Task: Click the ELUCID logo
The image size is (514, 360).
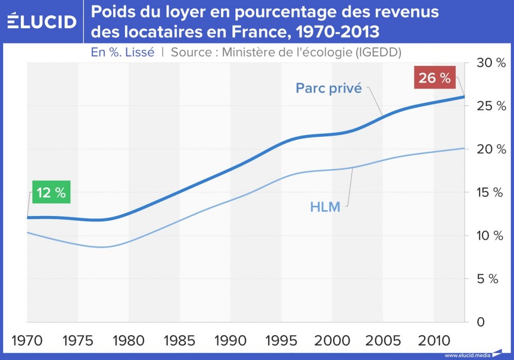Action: pyautogui.click(x=42, y=21)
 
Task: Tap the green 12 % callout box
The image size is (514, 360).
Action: pyautogui.click(x=51, y=193)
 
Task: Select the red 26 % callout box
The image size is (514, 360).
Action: pyautogui.click(x=434, y=79)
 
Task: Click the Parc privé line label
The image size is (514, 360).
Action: pyautogui.click(x=329, y=88)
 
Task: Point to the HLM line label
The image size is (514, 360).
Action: pyautogui.click(x=325, y=208)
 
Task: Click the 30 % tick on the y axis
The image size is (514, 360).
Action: pyautogui.click(x=491, y=63)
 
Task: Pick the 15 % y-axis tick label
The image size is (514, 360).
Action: pyautogui.click(x=491, y=193)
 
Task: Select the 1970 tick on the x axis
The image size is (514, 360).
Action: pyautogui.click(x=27, y=341)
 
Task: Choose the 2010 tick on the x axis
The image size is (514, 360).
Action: pyautogui.click(x=434, y=341)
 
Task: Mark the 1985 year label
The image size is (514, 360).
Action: pyautogui.click(x=180, y=341)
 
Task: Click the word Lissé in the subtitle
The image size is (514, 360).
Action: pyautogui.click(x=137, y=52)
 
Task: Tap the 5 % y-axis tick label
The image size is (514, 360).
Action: pyautogui.click(x=491, y=279)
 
